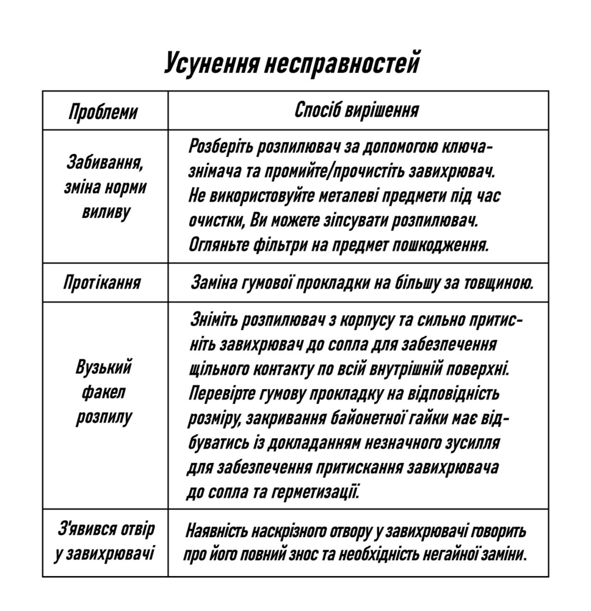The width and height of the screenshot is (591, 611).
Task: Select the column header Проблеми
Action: [103, 112]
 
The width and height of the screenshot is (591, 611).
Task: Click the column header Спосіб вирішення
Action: [357, 111]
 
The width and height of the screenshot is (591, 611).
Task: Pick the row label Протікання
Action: [102, 282]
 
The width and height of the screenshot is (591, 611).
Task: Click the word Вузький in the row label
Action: [104, 368]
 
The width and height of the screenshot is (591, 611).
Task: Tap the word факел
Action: [104, 393]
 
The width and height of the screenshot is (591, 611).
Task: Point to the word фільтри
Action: [276, 245]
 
